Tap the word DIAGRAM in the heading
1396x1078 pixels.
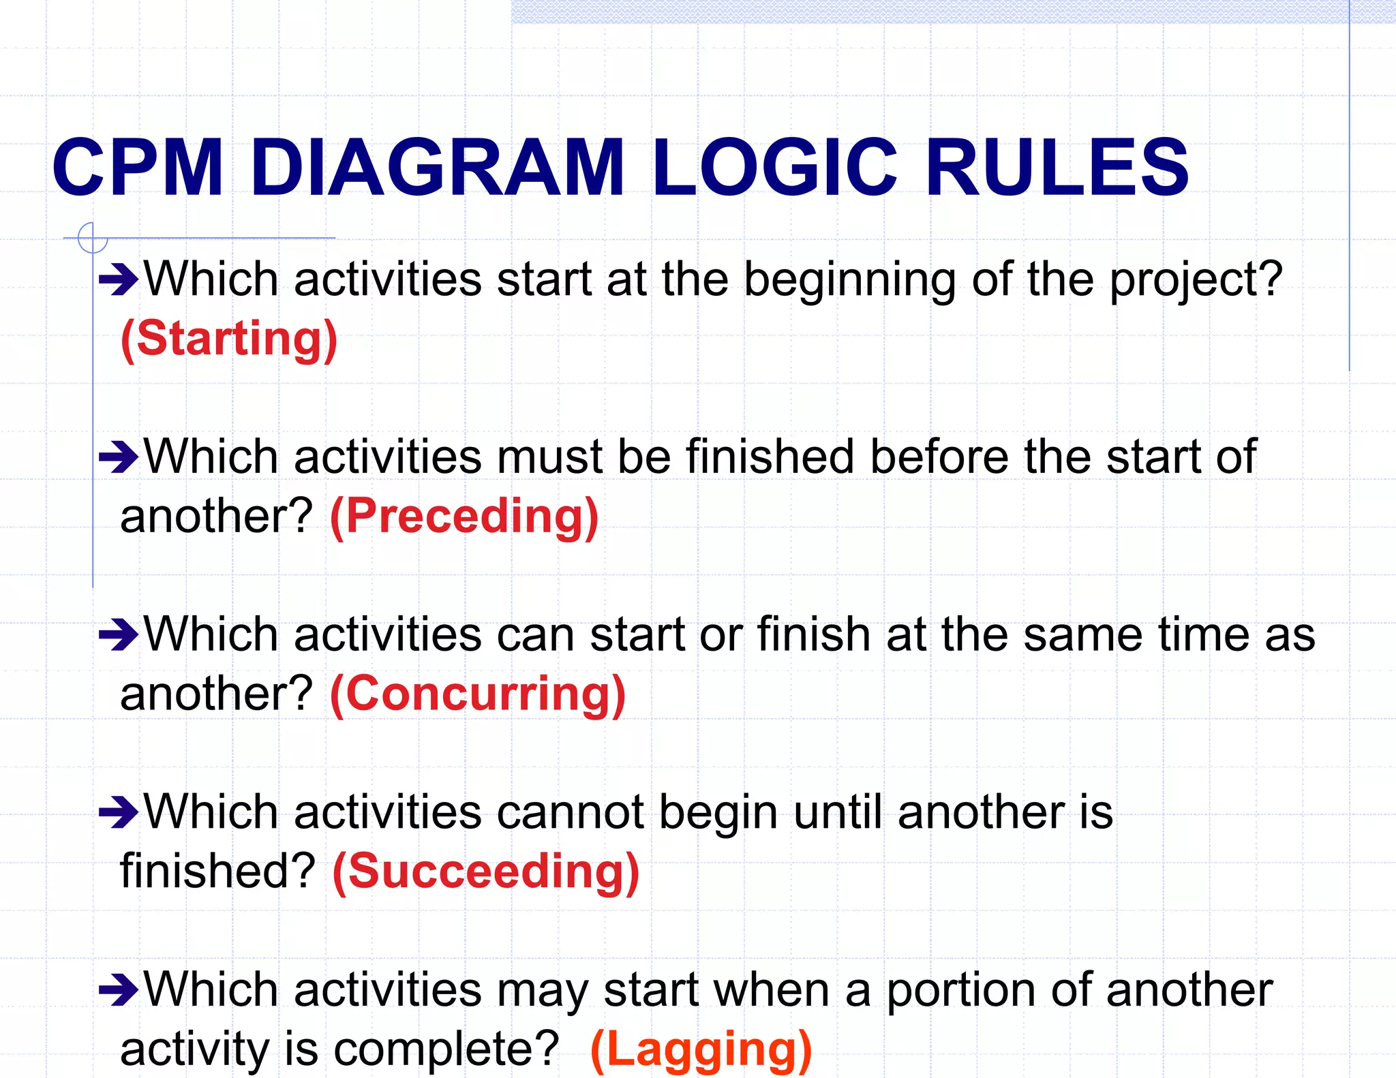437,168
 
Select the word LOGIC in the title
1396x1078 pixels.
774,168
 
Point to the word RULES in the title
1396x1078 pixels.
1057,168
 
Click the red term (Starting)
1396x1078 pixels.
229,339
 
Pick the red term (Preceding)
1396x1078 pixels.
464,516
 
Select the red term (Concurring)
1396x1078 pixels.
478,694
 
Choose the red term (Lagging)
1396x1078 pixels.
701,1049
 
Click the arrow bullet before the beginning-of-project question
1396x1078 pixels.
119,279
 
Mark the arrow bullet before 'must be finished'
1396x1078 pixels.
119,457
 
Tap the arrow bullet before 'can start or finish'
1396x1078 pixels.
119,635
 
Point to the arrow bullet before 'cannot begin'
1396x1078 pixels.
119,812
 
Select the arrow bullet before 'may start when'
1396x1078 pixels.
119,990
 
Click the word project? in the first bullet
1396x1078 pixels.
1196,281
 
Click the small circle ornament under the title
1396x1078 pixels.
93,238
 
